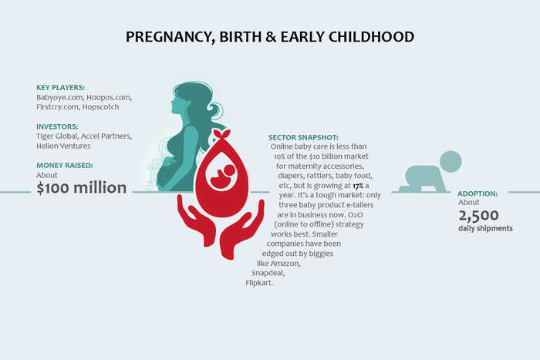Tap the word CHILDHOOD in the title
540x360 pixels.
371,37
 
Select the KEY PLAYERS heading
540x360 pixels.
61,87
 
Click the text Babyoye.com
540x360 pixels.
59,98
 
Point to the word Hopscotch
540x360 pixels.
100,107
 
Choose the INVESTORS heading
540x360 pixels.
57,126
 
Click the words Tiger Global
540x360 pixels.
57,136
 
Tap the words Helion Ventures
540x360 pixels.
63,146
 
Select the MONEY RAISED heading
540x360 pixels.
64,165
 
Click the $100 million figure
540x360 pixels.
82,188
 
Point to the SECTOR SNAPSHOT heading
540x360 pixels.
303,138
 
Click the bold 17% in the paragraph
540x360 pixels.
358,186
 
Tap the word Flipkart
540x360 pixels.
259,283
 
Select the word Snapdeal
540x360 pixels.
268,273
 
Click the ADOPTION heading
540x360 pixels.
478,193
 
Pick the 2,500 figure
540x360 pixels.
478,216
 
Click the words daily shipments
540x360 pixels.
485,228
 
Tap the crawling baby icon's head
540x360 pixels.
451,161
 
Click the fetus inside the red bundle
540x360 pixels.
222,176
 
